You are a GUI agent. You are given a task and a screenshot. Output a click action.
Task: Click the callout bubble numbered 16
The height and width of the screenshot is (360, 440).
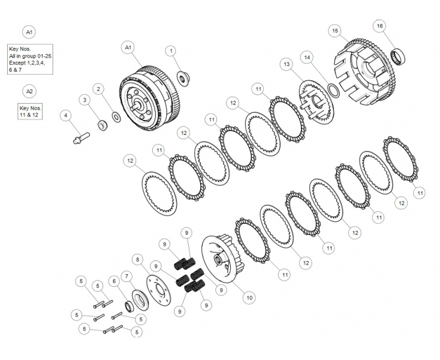pos(379,26)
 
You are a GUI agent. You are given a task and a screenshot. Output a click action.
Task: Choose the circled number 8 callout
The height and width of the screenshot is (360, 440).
pos(138,259)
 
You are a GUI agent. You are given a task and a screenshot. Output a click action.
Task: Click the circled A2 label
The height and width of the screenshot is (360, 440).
pos(29,91)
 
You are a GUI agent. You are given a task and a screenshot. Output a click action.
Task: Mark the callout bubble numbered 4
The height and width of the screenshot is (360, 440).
pos(67,115)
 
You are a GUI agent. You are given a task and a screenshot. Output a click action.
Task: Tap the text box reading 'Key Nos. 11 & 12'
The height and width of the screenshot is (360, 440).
pos(31,111)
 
